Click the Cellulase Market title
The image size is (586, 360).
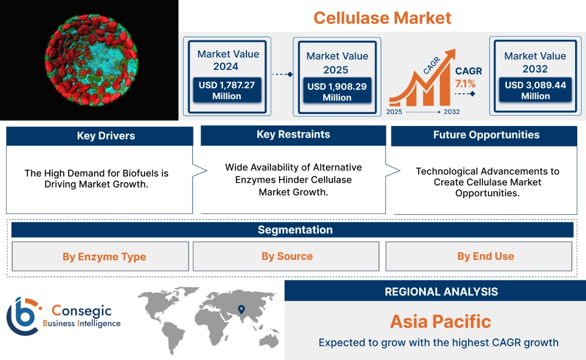382,17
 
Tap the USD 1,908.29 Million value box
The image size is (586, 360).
337,92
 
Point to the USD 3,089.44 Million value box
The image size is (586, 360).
535,91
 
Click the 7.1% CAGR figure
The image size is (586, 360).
466,83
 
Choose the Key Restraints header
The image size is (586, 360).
293,135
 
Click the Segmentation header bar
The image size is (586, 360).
295,230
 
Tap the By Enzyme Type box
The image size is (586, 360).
104,256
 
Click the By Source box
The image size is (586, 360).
287,256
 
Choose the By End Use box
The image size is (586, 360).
485,256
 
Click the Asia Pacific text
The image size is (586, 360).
440,321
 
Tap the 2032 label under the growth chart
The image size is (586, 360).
451,112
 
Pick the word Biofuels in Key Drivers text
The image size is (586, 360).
135,173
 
